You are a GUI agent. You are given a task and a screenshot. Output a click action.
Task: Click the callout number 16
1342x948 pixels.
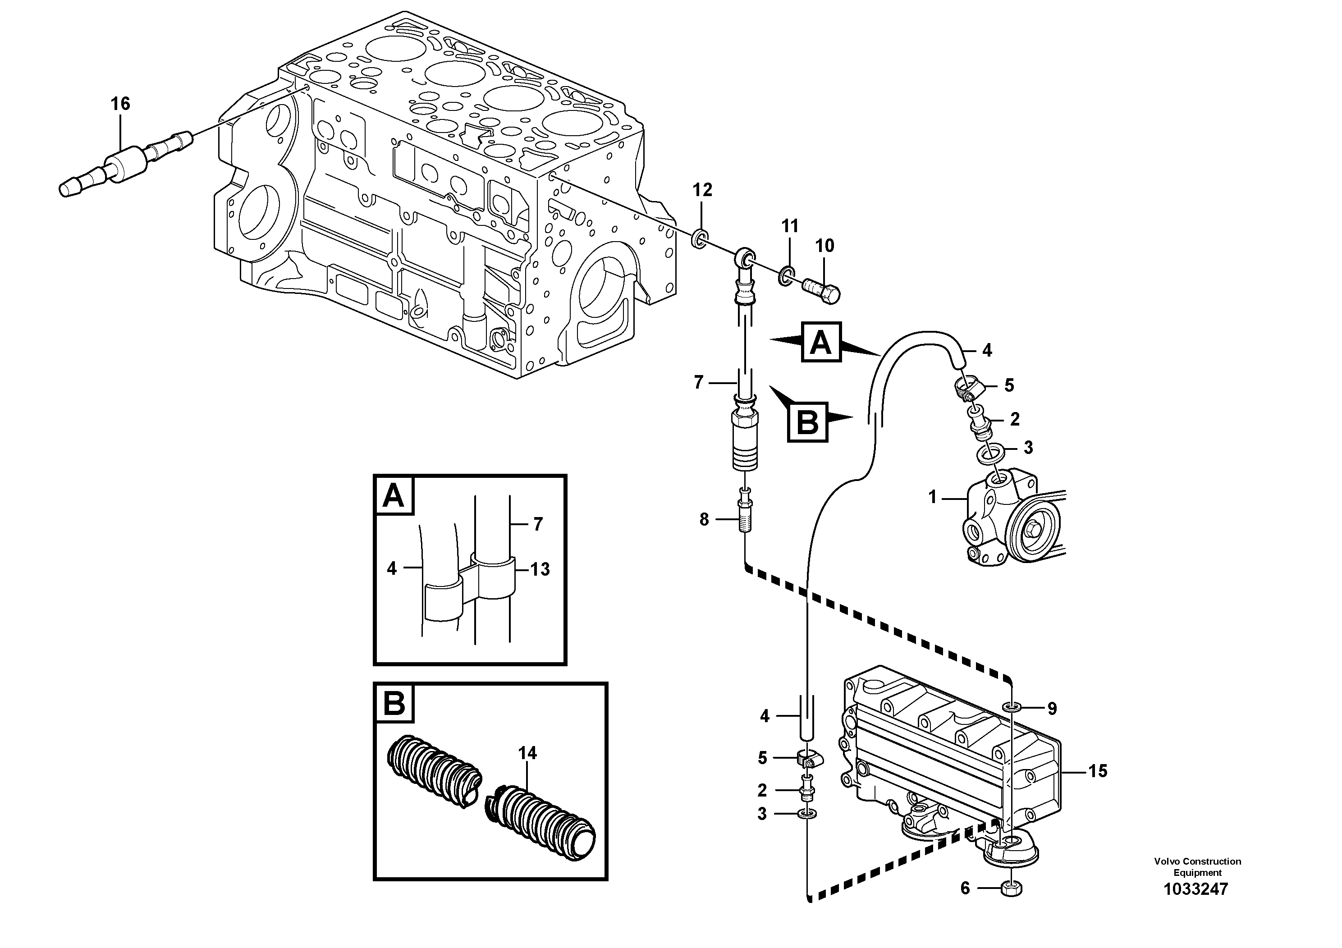120,104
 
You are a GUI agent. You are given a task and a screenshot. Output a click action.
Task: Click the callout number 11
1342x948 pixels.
790,226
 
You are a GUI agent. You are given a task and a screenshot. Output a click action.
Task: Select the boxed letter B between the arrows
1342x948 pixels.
808,421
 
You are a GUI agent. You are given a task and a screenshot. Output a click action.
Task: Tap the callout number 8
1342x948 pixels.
704,519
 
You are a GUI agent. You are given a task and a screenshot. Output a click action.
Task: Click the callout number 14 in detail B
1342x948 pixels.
527,753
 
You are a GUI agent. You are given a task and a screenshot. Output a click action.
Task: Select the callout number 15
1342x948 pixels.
1098,771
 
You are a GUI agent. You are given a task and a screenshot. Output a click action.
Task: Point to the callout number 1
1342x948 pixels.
933,497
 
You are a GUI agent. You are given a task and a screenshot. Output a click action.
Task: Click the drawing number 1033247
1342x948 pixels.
1196,889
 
